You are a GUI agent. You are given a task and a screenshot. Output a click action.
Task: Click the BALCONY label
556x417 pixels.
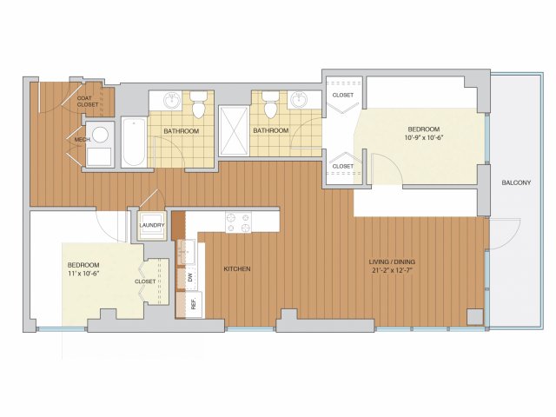pyautogui.click(x=516, y=183)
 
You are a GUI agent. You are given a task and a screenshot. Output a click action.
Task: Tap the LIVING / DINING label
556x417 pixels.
pyautogui.click(x=392, y=262)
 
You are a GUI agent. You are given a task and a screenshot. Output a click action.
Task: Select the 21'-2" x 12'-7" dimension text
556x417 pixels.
pyautogui.click(x=392, y=270)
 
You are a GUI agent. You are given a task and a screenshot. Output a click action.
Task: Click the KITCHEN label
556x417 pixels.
pyautogui.click(x=237, y=269)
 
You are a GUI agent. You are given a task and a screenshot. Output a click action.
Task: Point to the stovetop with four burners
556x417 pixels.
pyautogui.click(x=238, y=222)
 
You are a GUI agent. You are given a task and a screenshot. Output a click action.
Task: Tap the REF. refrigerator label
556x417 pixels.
pyautogui.click(x=194, y=305)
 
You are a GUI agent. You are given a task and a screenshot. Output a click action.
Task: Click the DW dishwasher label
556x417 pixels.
pyautogui.click(x=189, y=277)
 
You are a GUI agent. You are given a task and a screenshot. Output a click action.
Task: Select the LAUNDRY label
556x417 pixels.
pyautogui.click(x=152, y=225)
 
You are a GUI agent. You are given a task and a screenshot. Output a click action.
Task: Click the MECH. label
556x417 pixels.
pyautogui.click(x=83, y=140)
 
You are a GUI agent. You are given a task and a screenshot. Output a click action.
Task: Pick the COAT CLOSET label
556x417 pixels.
pyautogui.click(x=87, y=102)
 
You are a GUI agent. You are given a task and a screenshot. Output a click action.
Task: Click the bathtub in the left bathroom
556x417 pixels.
pyautogui.click(x=134, y=142)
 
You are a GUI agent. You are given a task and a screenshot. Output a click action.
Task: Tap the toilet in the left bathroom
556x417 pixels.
pyautogui.click(x=198, y=104)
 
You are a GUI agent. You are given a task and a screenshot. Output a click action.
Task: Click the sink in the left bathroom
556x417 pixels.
pyautogui.click(x=172, y=101)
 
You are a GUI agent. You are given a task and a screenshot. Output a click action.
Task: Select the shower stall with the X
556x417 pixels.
pyautogui.click(x=234, y=131)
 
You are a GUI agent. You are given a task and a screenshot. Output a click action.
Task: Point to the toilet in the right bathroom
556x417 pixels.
pyautogui.click(x=270, y=104)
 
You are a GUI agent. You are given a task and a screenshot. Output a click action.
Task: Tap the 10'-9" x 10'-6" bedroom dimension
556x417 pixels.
pyautogui.click(x=424, y=137)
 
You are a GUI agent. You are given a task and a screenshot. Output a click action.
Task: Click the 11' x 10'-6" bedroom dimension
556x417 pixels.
pyautogui.click(x=83, y=274)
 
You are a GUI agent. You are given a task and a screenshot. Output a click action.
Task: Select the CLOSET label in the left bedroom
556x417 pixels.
pyautogui.click(x=145, y=281)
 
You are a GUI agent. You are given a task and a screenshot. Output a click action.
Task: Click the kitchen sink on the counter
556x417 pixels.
pyautogui.click(x=186, y=252)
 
